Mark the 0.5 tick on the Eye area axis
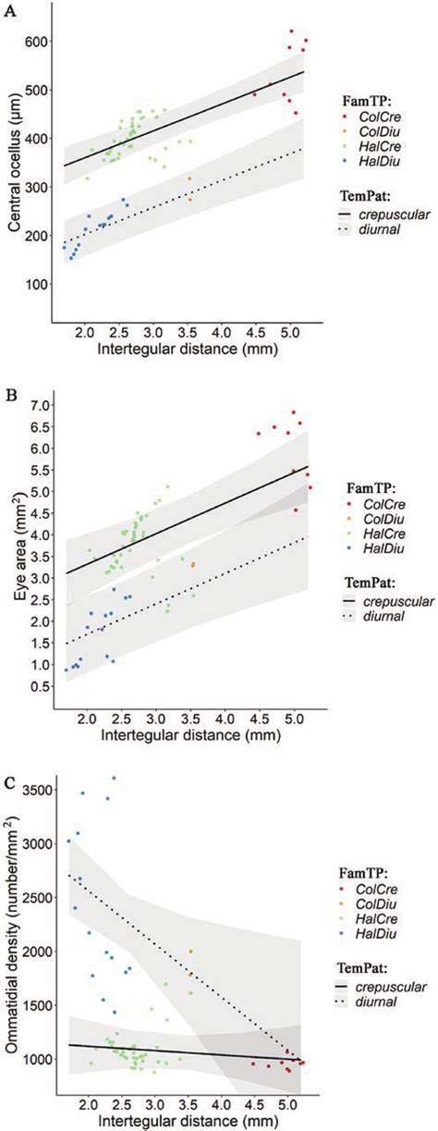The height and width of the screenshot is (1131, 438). tap(38, 686)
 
